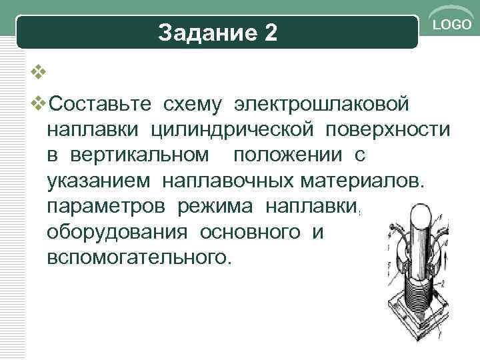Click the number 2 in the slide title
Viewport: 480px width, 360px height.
tap(270, 33)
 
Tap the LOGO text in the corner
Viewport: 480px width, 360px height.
tap(453, 25)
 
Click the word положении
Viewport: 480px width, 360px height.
tap(287, 157)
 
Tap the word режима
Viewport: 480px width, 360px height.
tap(217, 207)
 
